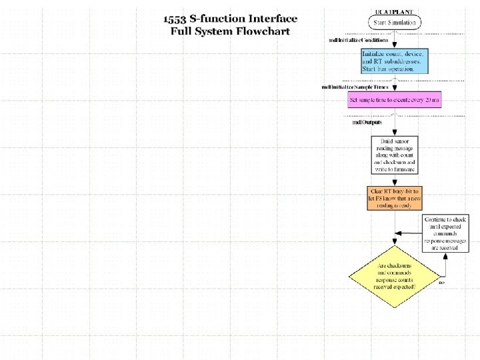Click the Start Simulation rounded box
[x=394, y=22]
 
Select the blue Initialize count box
[x=394, y=61]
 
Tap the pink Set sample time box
[x=394, y=100]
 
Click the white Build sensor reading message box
[x=394, y=155]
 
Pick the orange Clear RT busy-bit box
[x=394, y=198]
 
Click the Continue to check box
[x=445, y=233]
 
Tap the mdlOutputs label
[x=367, y=121]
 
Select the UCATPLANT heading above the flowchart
[x=394, y=11]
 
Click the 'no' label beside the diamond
[x=441, y=282]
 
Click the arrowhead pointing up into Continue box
[x=445, y=253]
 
